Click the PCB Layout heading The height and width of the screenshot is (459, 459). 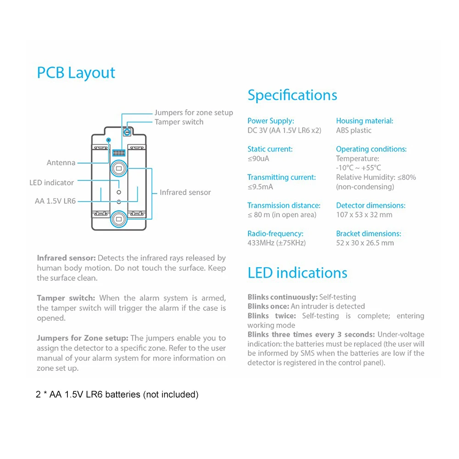pyautogui.click(x=76, y=73)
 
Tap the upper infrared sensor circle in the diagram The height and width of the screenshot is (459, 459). pyautogui.click(x=119, y=168)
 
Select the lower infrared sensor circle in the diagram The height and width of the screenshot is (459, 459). pyautogui.click(x=119, y=219)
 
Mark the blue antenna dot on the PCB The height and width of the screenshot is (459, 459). pyautogui.click(x=108, y=140)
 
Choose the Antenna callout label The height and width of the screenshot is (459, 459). pyautogui.click(x=61, y=163)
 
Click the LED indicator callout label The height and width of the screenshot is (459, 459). pyautogui.click(x=51, y=183)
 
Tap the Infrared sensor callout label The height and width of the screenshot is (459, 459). pyautogui.click(x=185, y=192)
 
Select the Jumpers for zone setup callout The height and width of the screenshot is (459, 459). pyautogui.click(x=194, y=112)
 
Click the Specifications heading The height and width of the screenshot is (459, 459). pyautogui.click(x=292, y=95)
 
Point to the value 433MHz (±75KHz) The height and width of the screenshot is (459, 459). pyautogui.click(x=276, y=243)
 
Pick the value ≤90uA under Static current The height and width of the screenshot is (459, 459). pyautogui.click(x=258, y=158)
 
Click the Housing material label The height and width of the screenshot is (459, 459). pyautogui.click(x=364, y=121)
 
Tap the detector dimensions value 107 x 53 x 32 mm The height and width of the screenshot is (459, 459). pyautogui.click(x=364, y=215)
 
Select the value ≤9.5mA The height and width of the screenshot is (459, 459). pyautogui.click(x=260, y=187)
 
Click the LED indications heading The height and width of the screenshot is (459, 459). pyautogui.click(x=297, y=273)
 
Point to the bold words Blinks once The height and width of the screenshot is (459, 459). pyautogui.click(x=268, y=306)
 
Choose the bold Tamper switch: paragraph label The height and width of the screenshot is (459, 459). pyautogui.click(x=66, y=298)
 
